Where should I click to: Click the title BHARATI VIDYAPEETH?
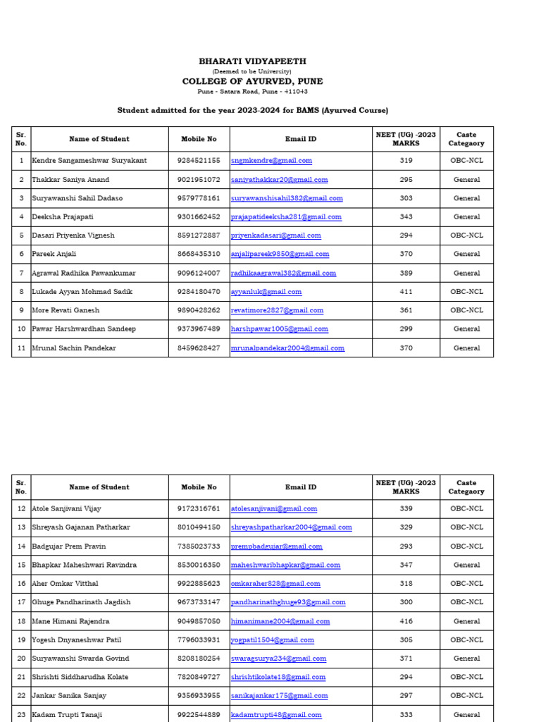point(252,62)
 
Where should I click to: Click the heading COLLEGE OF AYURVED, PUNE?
point(252,82)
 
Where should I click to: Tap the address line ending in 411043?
point(252,92)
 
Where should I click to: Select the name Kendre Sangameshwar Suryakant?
point(89,161)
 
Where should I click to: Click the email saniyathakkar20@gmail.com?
point(279,180)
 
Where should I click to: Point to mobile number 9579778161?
point(199,199)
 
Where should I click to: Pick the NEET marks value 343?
point(406,217)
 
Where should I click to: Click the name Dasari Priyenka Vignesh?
point(73,235)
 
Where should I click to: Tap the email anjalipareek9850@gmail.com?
point(280,255)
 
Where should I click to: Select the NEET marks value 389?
point(406,273)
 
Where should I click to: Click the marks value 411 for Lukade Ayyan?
point(406,292)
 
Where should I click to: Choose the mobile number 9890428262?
point(199,310)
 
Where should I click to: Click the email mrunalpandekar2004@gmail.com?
point(287,348)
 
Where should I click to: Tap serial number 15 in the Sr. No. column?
point(21,565)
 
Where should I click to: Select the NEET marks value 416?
point(406,621)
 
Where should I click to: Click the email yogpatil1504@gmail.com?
point(272,640)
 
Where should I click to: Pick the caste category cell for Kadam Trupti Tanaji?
point(466,714)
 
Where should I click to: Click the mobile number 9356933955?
point(199,695)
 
